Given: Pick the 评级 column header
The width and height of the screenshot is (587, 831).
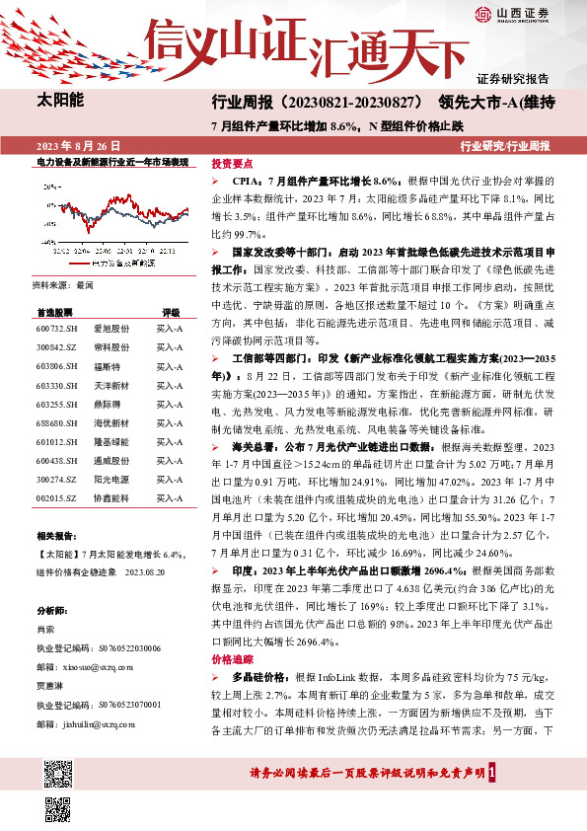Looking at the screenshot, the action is click(171, 311).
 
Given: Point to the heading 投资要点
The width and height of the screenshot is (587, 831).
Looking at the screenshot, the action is click(233, 164).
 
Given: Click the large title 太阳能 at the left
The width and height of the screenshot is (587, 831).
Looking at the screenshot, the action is click(60, 100).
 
